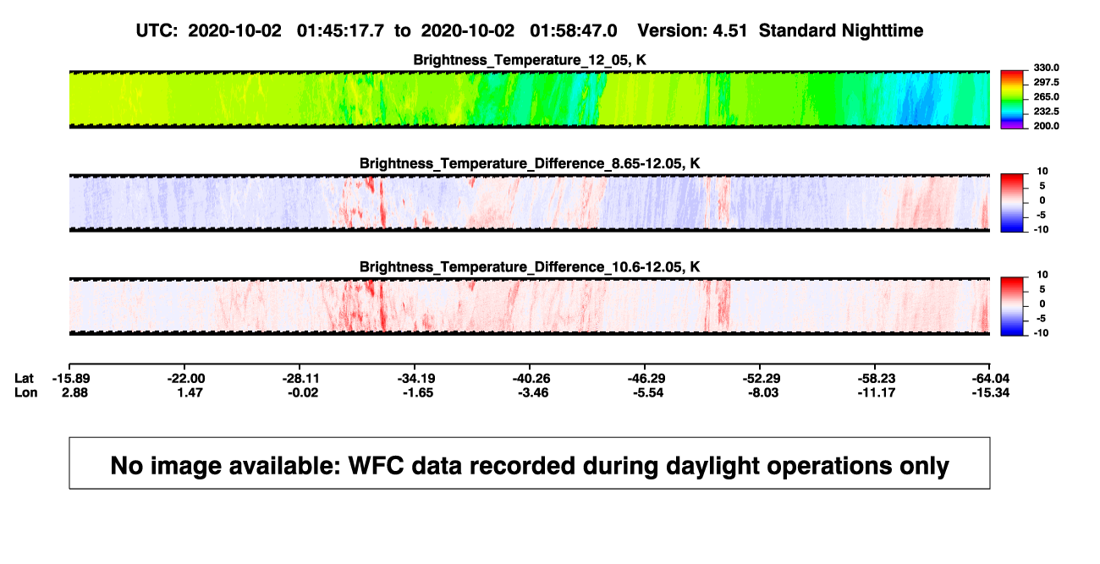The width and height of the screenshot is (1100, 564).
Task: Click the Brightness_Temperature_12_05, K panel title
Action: [530, 60]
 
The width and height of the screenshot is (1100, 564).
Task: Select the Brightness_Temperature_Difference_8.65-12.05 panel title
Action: [530, 163]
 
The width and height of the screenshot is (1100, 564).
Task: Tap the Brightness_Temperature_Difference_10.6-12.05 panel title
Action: [530, 267]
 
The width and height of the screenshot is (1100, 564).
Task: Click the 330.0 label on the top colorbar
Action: [1046, 68]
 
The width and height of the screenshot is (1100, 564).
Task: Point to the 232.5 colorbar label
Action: [1046, 112]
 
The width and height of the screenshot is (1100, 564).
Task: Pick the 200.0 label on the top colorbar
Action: [1046, 126]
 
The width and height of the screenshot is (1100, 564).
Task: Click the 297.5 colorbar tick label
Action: [1046, 83]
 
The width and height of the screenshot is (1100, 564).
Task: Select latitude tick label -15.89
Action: [71, 379]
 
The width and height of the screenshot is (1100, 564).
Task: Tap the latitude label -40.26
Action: [531, 379]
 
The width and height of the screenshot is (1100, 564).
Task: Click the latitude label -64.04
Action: [991, 379]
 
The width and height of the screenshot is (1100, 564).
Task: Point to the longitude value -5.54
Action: [647, 392]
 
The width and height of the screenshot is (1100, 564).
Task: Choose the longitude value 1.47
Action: [190, 392]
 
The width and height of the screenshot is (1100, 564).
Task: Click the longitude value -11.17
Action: [877, 392]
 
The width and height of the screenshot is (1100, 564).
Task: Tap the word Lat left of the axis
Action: [24, 379]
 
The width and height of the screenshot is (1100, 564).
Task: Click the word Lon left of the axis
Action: [25, 392]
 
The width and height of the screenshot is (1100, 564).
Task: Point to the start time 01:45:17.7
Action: [340, 31]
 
